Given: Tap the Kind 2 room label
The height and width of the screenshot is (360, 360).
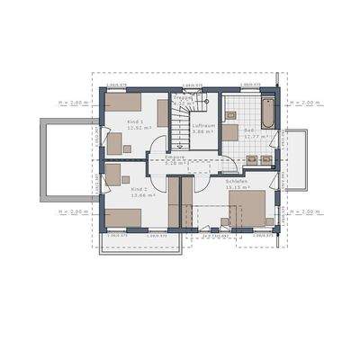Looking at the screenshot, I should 139,189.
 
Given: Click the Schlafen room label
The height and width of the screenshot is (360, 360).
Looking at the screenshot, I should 238,180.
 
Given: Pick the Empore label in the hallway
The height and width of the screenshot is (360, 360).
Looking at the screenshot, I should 175,157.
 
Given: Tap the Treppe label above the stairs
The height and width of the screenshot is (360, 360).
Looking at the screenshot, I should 183,99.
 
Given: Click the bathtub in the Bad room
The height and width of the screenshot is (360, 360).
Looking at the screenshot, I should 268,113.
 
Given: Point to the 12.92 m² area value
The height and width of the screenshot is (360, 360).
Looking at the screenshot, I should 138,129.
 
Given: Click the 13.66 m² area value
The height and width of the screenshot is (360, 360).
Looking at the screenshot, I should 141,195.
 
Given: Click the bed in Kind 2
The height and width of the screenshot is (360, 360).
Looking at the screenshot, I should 124,218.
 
